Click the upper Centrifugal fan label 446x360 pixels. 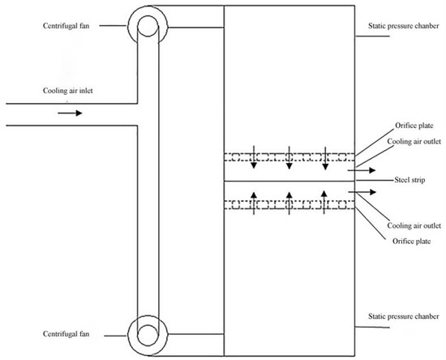click(48, 25)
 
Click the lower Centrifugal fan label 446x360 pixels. click(48, 333)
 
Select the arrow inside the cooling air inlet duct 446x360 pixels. click(70, 113)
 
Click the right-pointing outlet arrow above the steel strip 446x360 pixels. click(362, 171)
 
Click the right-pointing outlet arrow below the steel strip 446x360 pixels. click(362, 192)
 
